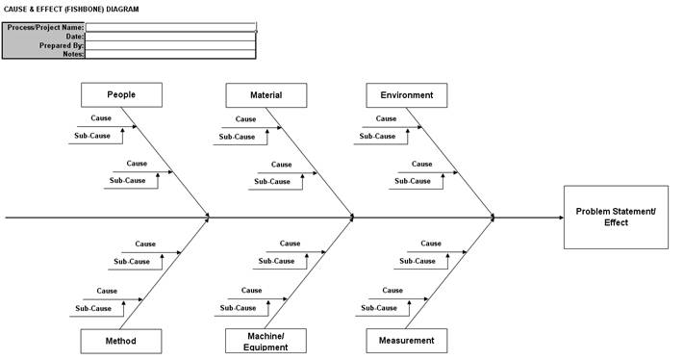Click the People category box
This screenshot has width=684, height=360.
[x=121, y=94]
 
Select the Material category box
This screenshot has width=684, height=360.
[x=266, y=94]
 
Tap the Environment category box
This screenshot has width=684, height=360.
[x=407, y=94]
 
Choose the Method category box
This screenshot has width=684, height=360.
[x=121, y=341]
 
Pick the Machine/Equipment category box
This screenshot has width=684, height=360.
[x=266, y=341]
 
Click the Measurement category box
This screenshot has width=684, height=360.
[x=407, y=341]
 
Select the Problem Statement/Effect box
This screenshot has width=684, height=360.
[x=616, y=217]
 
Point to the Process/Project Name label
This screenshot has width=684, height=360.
[x=45, y=27]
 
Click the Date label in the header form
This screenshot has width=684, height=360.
[x=75, y=37]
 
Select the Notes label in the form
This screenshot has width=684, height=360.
[x=73, y=54]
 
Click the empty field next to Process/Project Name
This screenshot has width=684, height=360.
[x=171, y=27]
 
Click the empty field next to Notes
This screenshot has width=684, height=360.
[x=171, y=54]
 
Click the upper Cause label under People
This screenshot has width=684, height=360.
[x=101, y=118]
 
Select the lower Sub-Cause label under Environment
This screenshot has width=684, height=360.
[x=421, y=181]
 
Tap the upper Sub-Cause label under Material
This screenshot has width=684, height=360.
[x=238, y=137]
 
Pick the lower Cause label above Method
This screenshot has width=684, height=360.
[x=107, y=291]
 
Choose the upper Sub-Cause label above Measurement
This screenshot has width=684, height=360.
[x=418, y=261]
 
